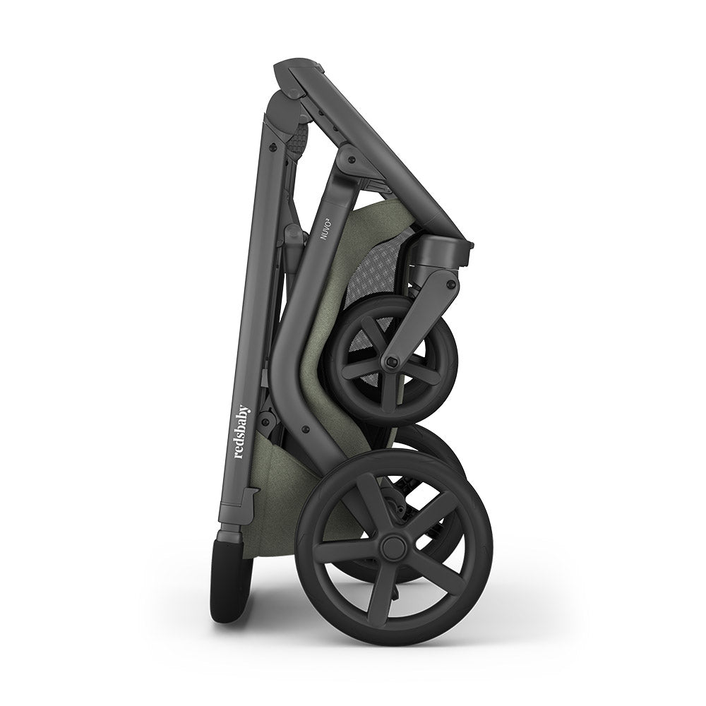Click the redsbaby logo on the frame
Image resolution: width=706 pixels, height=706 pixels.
[243, 431]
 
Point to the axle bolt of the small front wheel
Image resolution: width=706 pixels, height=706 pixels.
[392, 361]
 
